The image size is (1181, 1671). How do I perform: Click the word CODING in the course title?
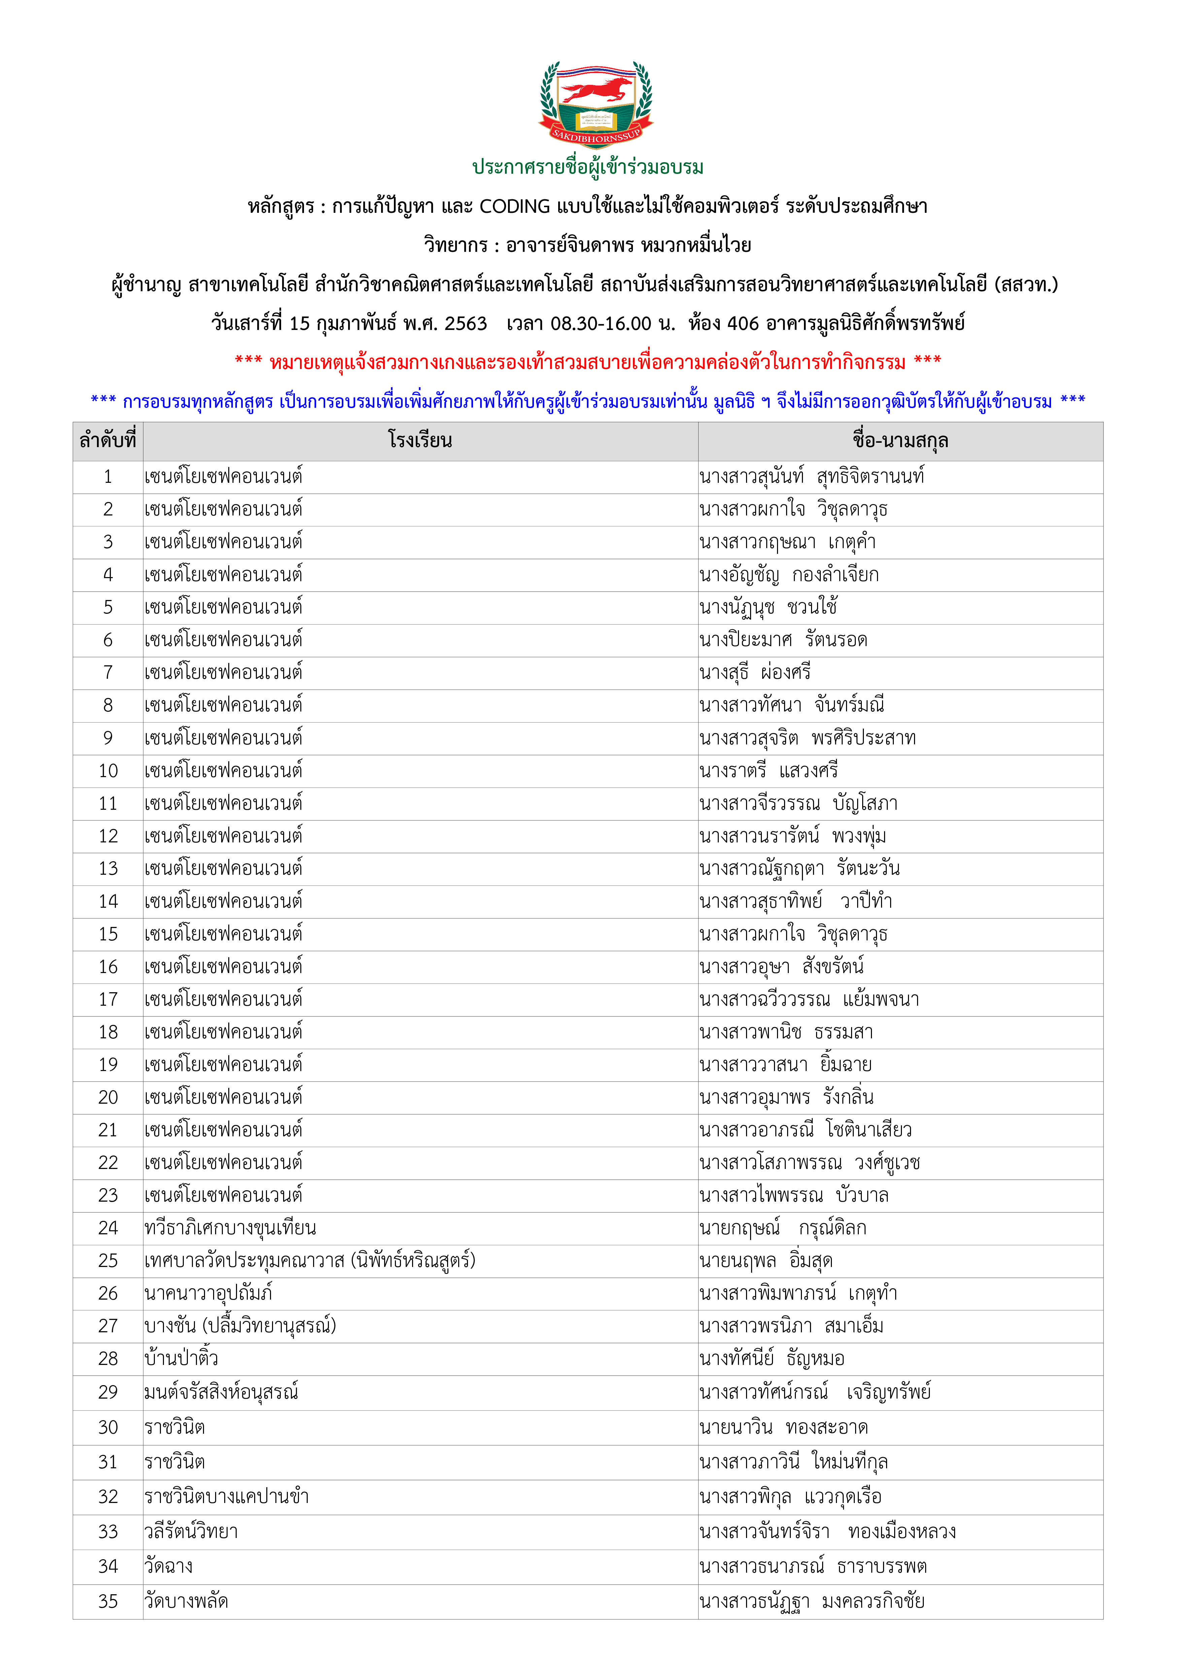[514, 207]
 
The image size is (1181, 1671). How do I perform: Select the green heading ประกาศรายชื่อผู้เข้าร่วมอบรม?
[588, 167]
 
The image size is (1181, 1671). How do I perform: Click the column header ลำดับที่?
[108, 440]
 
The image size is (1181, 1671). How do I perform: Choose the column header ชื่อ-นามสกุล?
[900, 440]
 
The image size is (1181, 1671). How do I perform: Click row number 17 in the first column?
[108, 999]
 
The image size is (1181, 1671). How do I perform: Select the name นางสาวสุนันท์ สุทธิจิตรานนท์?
[811, 477]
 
